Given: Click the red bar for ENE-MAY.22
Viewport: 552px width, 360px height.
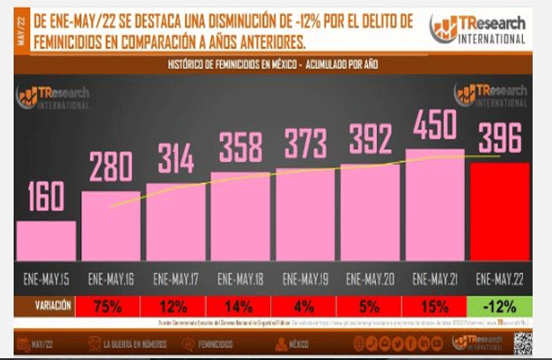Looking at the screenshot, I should [x=499, y=213].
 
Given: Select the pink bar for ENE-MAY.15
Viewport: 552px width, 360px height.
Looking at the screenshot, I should [x=45, y=241].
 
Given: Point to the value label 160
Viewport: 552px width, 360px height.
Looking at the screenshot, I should [x=45, y=199].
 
